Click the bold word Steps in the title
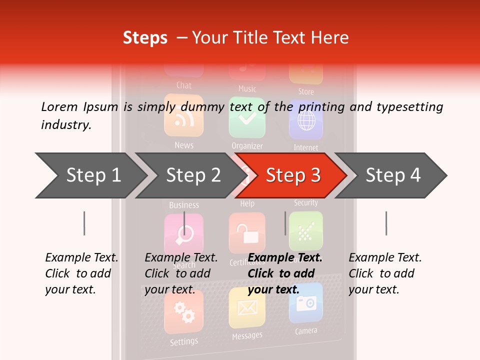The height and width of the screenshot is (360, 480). pos(145,38)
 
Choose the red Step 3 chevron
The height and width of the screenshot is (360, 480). pos(293,175)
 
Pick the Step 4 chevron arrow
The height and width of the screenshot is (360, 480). pos(393,175)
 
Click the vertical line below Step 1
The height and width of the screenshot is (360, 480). pos(84,223)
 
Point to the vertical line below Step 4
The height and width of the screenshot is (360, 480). pos(386,223)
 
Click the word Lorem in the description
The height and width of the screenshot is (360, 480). pos(59,106)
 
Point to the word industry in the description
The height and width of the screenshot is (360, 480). pos(65,125)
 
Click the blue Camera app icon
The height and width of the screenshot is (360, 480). pos(306,303)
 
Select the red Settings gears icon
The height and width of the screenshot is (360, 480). pos(183,312)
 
